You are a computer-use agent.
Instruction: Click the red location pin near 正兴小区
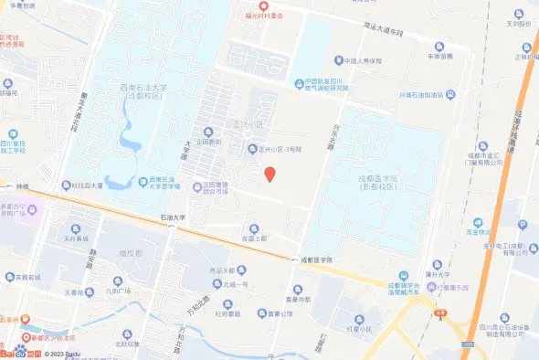tap(269, 174)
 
